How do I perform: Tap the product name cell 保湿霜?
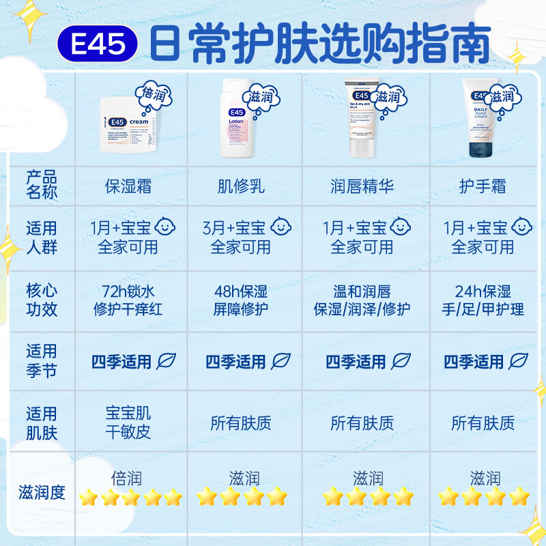(x=128, y=185)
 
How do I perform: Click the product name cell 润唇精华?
(x=362, y=185)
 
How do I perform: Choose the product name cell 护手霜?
(x=483, y=185)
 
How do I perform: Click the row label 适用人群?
(x=42, y=237)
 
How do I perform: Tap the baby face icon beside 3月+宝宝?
(x=280, y=227)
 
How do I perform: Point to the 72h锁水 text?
(x=128, y=291)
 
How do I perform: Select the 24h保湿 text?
(x=483, y=291)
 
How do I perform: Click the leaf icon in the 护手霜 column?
(x=519, y=361)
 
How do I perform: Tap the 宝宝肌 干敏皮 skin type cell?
(x=128, y=422)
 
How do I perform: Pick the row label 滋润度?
(x=42, y=491)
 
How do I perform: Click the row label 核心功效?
(x=42, y=300)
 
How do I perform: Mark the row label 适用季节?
(x=42, y=361)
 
